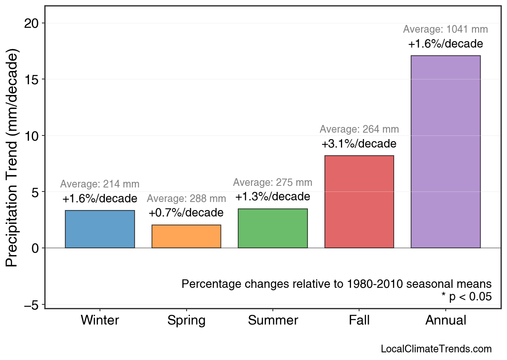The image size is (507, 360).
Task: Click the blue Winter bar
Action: pyautogui.click(x=100, y=229)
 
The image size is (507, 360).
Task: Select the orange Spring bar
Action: pyautogui.click(x=186, y=236)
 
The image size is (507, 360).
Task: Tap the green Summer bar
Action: pyautogui.click(x=273, y=228)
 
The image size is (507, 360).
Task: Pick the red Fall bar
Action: pyautogui.click(x=359, y=202)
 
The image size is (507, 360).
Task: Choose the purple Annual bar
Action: pyautogui.click(x=445, y=152)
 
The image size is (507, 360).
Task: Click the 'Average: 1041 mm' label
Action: pyautogui.click(x=445, y=29)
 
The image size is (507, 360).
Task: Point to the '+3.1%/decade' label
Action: pyautogui.click(x=359, y=144)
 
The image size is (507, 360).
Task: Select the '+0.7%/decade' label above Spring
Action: pyautogui.click(x=186, y=212)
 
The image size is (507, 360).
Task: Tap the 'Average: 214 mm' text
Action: pyautogui.click(x=100, y=184)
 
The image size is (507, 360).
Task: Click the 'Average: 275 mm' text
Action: pyautogui.click(x=273, y=183)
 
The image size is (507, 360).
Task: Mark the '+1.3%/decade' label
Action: pyautogui.click(x=273, y=197)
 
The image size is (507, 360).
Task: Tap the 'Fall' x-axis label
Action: pyautogui.click(x=359, y=320)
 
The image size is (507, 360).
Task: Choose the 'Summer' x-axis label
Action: pyautogui.click(x=273, y=320)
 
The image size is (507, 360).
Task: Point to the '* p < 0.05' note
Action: pyautogui.click(x=466, y=297)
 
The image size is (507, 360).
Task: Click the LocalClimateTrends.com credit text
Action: pyautogui.click(x=436, y=349)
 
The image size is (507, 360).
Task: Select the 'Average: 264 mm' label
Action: pyautogui.click(x=359, y=129)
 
